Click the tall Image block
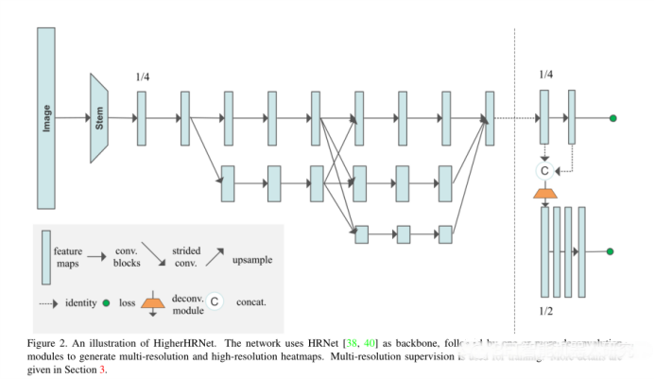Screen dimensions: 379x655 pyautogui.click(x=46, y=117)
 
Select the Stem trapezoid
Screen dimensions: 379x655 pyautogui.click(x=98, y=117)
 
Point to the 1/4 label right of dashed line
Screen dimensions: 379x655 pyautogui.click(x=545, y=74)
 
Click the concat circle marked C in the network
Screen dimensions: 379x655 pyautogui.click(x=544, y=171)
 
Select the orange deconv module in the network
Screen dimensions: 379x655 pyautogui.click(x=544, y=194)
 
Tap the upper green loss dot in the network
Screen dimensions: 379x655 pyautogui.click(x=612, y=118)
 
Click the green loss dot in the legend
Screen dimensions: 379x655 pyautogui.click(x=106, y=303)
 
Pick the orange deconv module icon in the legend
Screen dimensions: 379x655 pyautogui.click(x=158, y=303)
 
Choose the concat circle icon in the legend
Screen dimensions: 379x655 pyautogui.click(x=215, y=302)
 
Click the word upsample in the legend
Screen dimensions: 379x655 pyautogui.click(x=254, y=256)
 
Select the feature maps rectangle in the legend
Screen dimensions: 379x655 pyautogui.click(x=45, y=257)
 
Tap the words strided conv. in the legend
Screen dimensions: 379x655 pyautogui.click(x=186, y=257)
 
